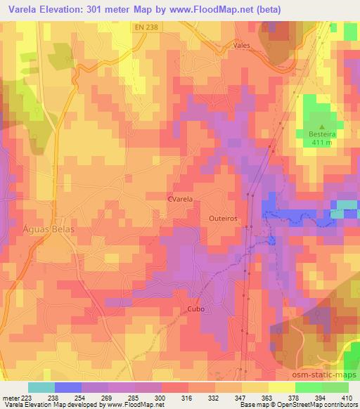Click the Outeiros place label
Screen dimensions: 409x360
[x=224, y=219]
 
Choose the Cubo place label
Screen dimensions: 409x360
[x=196, y=309]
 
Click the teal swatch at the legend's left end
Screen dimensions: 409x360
[x=41, y=387]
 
